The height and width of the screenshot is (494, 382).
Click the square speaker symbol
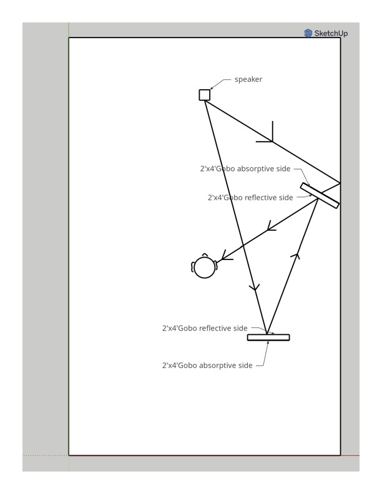click(x=205, y=95)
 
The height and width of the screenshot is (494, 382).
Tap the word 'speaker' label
click(x=248, y=79)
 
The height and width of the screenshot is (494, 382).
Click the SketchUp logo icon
click(x=308, y=33)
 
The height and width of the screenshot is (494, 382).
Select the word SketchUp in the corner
click(x=331, y=33)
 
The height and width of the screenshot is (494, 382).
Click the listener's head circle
click(x=205, y=268)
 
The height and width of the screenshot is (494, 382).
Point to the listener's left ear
click(x=193, y=268)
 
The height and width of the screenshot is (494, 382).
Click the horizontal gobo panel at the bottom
click(x=268, y=337)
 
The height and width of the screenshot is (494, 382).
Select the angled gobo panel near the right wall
click(x=320, y=195)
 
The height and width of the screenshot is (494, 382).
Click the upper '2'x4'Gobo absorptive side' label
click(x=245, y=168)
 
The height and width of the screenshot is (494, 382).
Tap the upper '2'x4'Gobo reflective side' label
click(x=250, y=198)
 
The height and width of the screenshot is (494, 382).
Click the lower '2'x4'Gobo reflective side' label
click(x=205, y=328)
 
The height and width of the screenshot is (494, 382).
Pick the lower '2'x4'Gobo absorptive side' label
click(x=207, y=366)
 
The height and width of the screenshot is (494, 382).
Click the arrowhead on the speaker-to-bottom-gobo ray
click(x=254, y=288)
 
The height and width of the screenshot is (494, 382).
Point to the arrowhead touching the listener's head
click(x=225, y=256)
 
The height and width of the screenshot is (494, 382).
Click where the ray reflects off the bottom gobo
click(x=267, y=334)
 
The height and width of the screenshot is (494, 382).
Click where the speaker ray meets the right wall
click(x=340, y=183)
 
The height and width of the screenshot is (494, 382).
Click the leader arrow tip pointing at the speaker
click(x=211, y=89)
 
